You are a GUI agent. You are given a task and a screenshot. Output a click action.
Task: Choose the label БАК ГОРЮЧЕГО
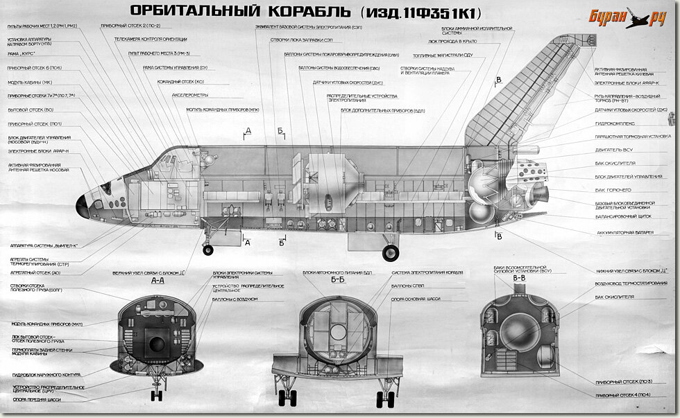[x=613, y=189]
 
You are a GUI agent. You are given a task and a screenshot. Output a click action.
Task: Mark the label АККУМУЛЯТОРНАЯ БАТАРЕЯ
[x=624, y=233]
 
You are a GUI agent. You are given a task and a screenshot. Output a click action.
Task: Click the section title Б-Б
[x=338, y=281]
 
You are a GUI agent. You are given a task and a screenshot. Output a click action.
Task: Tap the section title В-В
[x=519, y=277]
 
